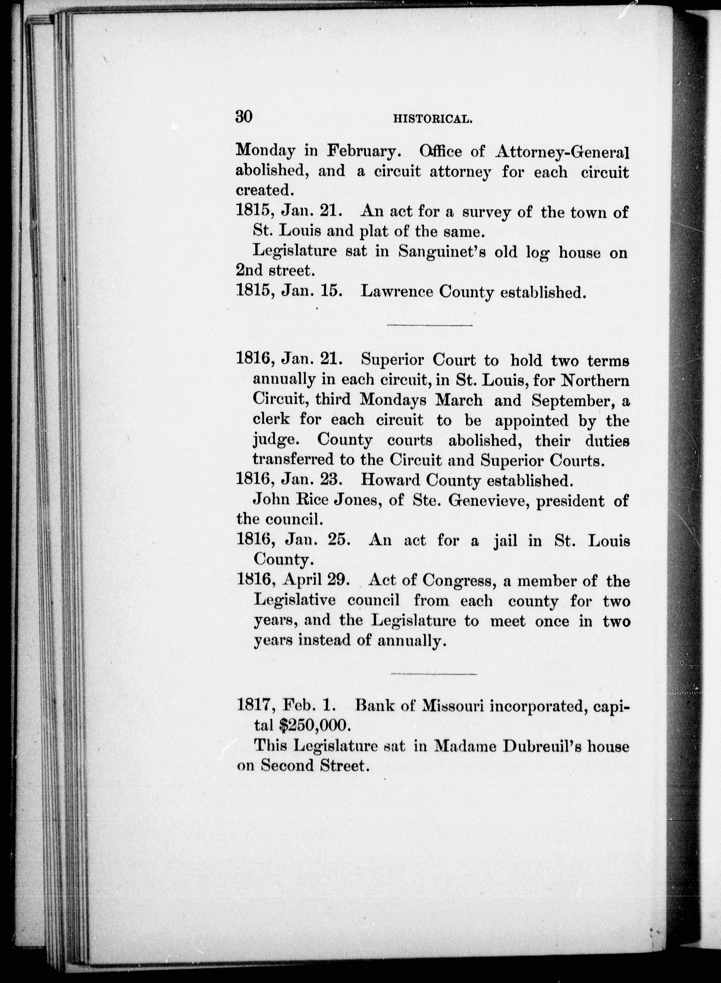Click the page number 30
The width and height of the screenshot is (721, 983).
(244, 117)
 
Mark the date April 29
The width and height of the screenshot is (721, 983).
(315, 580)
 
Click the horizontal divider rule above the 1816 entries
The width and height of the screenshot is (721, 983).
(430, 325)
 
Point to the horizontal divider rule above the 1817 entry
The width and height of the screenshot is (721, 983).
(433, 674)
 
